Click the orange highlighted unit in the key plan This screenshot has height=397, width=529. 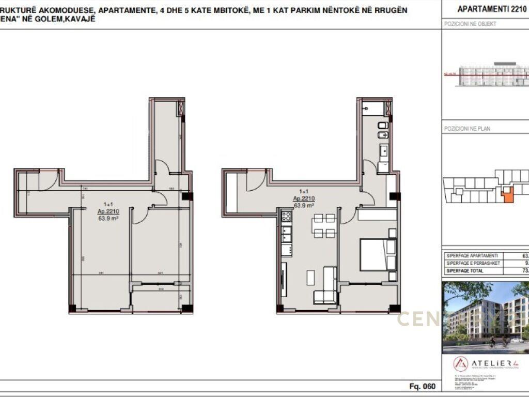click(x=507, y=195)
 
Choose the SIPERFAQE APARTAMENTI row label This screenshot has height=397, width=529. click(x=472, y=256)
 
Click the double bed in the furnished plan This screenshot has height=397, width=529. click(x=378, y=254)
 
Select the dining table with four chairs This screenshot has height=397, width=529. click(x=325, y=226)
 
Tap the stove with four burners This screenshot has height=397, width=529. click(x=286, y=217)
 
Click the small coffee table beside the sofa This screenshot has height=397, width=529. click(x=310, y=278)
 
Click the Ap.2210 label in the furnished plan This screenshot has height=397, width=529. click(x=304, y=198)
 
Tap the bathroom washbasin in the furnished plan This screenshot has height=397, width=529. click(x=383, y=151)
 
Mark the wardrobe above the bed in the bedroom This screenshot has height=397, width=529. click(x=377, y=215)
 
